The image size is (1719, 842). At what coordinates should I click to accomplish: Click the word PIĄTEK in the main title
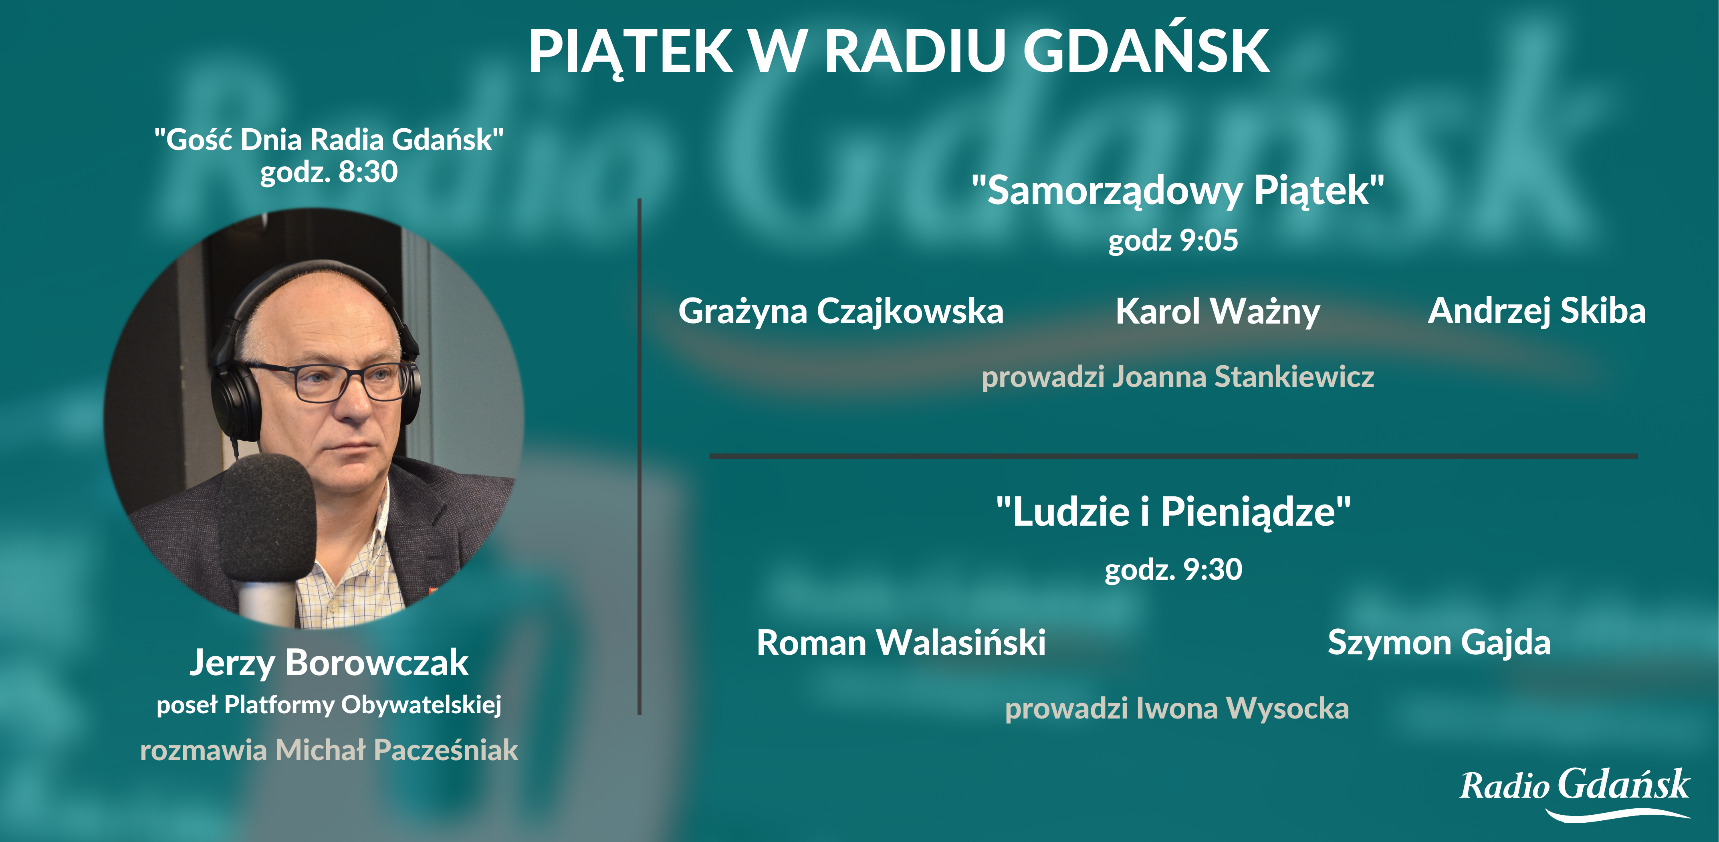coord(631,52)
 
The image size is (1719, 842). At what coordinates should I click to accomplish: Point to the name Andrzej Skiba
coord(1537,311)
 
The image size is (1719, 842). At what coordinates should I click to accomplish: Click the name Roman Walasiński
coord(901,642)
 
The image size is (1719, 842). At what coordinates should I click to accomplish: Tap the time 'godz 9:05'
coord(1173,241)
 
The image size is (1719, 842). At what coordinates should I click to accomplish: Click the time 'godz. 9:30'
coord(1173,570)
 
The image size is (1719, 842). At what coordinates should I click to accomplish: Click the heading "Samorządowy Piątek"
coord(1178,190)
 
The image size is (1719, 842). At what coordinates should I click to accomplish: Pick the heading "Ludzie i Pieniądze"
coord(1173,512)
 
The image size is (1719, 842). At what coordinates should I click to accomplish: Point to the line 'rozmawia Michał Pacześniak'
coord(329,750)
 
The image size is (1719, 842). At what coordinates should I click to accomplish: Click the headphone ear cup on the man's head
coord(235,401)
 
